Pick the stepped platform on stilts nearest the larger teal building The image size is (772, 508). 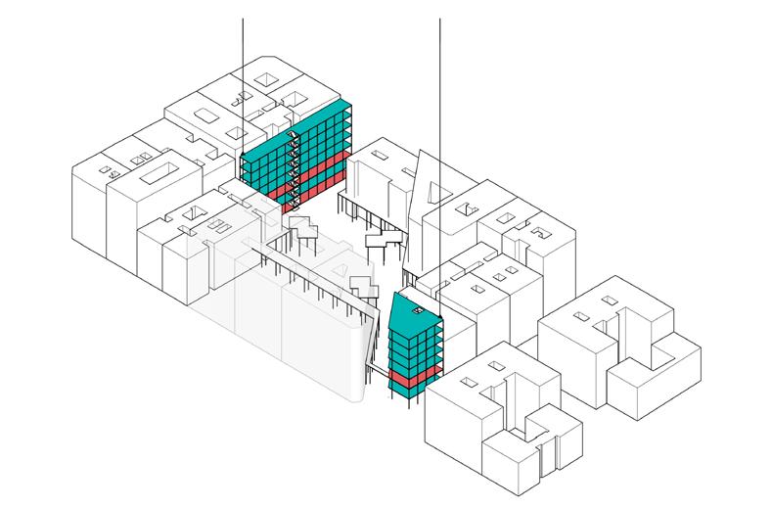(303, 230)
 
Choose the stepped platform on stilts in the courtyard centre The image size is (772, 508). (385, 239)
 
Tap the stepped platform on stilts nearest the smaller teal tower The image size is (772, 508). (364, 286)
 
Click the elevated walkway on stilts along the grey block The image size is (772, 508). (313, 279)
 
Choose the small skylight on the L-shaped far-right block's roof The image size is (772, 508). (583, 315)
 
